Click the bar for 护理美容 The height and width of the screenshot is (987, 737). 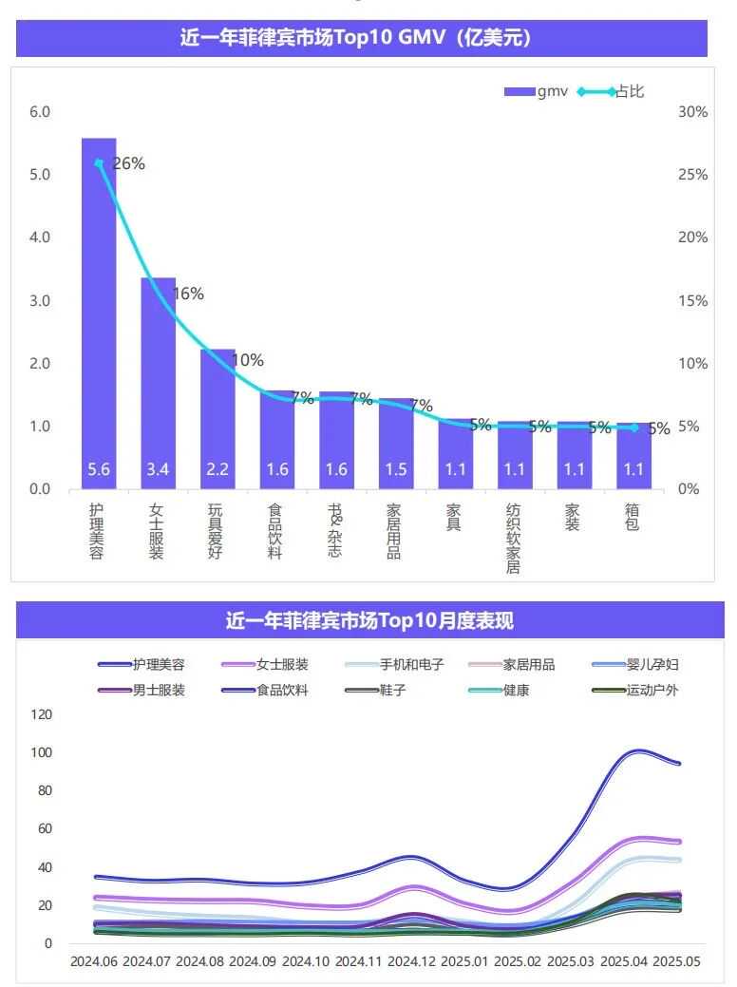99,313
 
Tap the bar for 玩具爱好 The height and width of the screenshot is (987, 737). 217,418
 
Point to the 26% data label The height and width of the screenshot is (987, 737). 128,163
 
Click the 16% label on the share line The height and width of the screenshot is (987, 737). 188,294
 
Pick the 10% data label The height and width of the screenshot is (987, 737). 248,360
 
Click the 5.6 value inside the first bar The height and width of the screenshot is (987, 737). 99,469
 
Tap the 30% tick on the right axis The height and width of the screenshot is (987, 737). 693,112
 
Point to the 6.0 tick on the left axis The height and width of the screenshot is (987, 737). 39,112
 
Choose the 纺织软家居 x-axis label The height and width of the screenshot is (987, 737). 514,538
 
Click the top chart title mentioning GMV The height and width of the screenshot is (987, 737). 362,39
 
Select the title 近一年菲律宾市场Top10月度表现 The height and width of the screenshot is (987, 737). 369,621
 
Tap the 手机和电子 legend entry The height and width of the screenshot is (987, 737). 411,665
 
